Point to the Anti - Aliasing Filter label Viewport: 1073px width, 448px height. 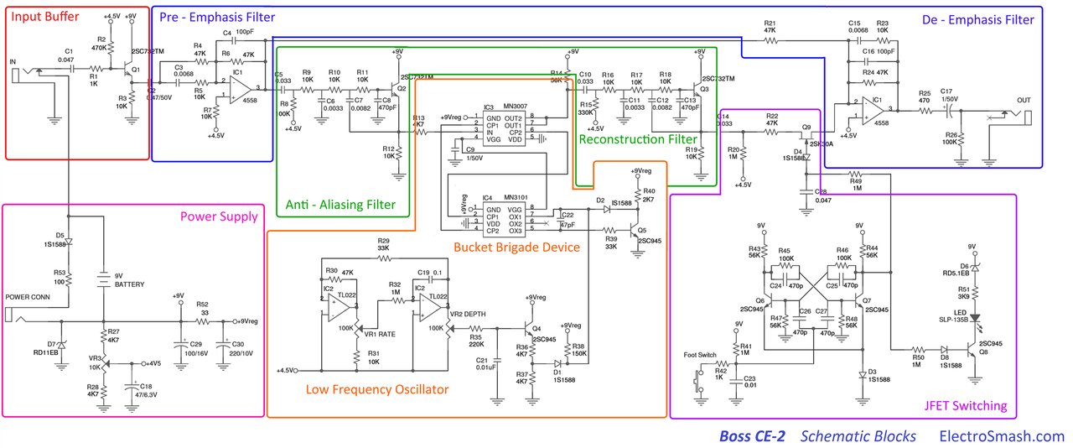tap(340, 205)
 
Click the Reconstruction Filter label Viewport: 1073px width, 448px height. tap(637, 138)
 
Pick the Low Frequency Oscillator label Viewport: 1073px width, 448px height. tap(376, 389)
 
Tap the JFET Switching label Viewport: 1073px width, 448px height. tap(965, 406)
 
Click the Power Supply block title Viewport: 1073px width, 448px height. tap(219, 216)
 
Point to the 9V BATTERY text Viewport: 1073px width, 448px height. tap(130, 279)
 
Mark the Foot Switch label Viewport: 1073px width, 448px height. tap(701, 355)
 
